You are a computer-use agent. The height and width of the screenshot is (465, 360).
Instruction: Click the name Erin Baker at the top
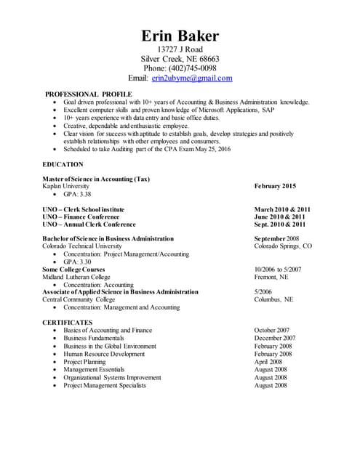[180, 36]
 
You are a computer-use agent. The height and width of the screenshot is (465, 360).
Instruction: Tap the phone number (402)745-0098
[193, 68]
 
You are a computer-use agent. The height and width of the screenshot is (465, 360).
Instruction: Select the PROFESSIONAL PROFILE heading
[89, 94]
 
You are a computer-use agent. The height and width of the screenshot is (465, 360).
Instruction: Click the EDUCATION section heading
[63, 165]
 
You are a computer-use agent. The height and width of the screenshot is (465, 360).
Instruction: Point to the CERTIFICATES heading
[67, 322]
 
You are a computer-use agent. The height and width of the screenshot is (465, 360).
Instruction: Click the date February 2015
[275, 187]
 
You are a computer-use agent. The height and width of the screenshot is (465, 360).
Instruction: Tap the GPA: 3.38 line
[77, 195]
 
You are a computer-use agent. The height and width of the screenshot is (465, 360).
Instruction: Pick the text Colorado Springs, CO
[283, 246]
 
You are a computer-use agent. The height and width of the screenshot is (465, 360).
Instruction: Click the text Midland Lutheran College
[76, 277]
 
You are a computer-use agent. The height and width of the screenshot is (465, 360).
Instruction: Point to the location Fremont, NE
[271, 277]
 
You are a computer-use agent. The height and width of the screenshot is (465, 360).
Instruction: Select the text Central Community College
[79, 299]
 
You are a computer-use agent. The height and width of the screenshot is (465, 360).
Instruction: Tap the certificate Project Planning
[84, 362]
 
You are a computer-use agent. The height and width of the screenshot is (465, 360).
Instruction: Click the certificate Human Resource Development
[104, 354]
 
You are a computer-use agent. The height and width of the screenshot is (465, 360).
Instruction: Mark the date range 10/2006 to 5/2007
[278, 269]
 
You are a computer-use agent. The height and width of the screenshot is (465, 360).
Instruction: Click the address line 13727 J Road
[180, 49]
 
